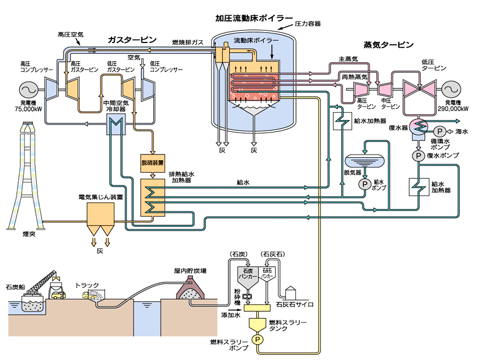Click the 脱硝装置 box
(152, 162)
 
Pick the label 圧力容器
(308, 24)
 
